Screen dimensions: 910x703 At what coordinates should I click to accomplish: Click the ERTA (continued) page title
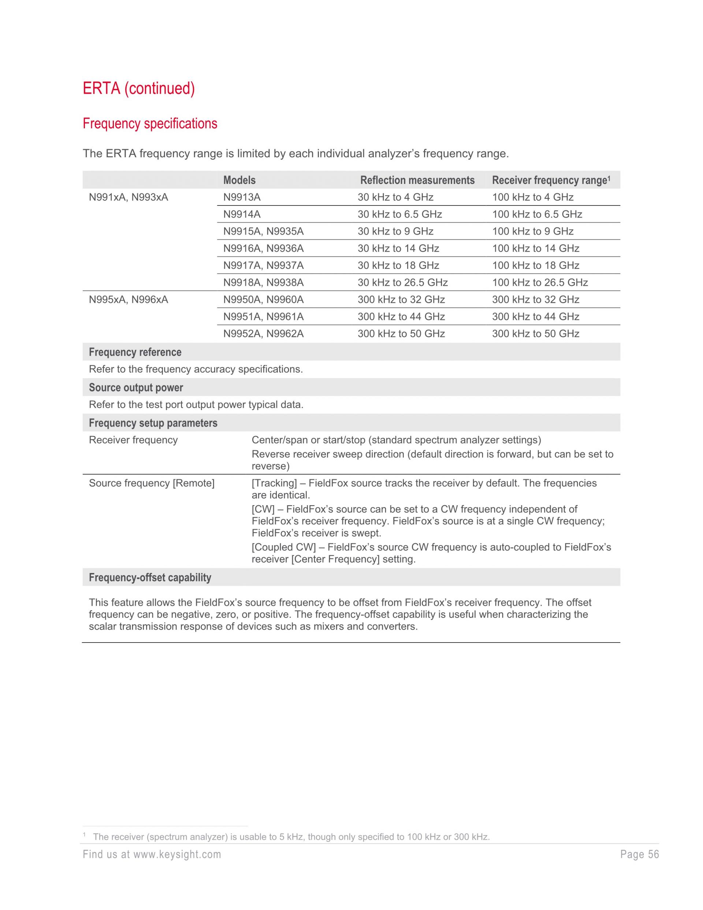point(139,88)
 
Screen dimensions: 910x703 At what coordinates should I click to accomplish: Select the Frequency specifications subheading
point(150,124)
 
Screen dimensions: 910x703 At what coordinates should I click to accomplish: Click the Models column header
point(239,180)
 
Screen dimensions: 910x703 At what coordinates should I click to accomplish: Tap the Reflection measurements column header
point(417,180)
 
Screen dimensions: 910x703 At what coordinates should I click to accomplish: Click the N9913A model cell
point(242,197)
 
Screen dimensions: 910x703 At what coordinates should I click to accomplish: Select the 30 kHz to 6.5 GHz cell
point(399,214)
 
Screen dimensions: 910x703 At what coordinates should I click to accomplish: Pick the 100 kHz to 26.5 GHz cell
point(540,282)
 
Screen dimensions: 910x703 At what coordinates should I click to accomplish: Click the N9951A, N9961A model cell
point(263,317)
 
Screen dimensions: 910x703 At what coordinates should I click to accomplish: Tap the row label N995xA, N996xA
point(128,300)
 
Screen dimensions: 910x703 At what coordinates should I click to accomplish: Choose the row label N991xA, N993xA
point(128,197)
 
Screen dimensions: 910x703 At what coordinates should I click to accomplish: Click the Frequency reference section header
point(135,352)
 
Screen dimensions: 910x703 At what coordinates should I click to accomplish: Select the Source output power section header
point(136,388)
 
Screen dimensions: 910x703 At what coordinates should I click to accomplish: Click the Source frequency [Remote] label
point(152,483)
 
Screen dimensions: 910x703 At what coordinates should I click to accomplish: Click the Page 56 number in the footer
point(639,855)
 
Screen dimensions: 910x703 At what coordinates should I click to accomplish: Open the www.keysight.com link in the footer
point(177,855)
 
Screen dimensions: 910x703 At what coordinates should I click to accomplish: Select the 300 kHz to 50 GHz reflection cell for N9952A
point(401,334)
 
